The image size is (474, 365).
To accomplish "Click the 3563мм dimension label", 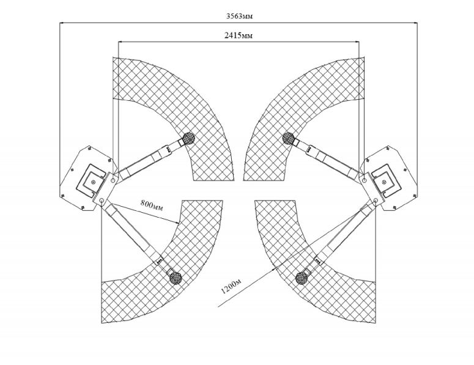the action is (x=239, y=17).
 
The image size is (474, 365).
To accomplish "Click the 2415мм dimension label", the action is (x=239, y=35).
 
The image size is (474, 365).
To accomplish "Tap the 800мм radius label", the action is (x=152, y=205).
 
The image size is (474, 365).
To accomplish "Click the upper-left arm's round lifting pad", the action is (x=188, y=138).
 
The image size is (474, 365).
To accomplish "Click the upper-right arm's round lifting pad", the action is (x=289, y=138).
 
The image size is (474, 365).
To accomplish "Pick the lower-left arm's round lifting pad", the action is (x=176, y=278).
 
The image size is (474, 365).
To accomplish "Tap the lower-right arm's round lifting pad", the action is (x=302, y=278).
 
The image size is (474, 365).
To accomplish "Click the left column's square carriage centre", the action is (x=94, y=182).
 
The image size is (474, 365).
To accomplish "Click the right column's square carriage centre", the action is (x=384, y=182).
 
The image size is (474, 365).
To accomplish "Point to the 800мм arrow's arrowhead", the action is (x=178, y=223).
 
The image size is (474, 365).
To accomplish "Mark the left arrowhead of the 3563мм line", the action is (x=61, y=23).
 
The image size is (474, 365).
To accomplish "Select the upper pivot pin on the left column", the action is (x=113, y=180).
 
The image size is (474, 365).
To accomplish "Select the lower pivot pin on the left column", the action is (x=102, y=200).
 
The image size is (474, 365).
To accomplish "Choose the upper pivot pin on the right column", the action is (x=365, y=180).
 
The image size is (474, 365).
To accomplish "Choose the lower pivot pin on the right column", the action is (x=376, y=200).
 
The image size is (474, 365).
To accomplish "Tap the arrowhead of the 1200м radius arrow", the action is (x=274, y=267).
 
